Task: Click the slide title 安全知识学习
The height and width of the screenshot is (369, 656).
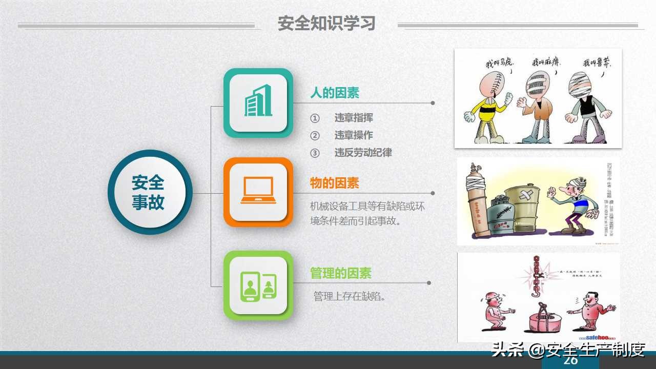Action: tap(326, 24)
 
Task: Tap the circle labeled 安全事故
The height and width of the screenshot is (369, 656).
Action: tap(149, 192)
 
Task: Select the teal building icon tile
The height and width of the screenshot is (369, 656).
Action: tap(258, 102)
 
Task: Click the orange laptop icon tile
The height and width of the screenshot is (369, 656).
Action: tap(258, 192)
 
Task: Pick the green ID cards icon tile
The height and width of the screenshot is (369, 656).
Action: tap(258, 285)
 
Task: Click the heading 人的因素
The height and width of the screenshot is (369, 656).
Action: tap(334, 93)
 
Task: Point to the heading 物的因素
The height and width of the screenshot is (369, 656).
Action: tap(334, 183)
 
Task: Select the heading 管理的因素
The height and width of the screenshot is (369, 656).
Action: tap(340, 273)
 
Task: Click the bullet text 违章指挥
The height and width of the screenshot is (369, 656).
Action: tap(354, 118)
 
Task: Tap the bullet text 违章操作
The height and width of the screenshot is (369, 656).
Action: tap(354, 135)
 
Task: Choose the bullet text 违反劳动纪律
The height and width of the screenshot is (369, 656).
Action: tap(363, 153)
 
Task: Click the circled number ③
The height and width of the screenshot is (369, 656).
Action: tap(315, 153)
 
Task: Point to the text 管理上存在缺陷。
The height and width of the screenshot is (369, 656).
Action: tap(350, 296)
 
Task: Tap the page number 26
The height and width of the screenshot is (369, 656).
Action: tap(570, 361)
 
